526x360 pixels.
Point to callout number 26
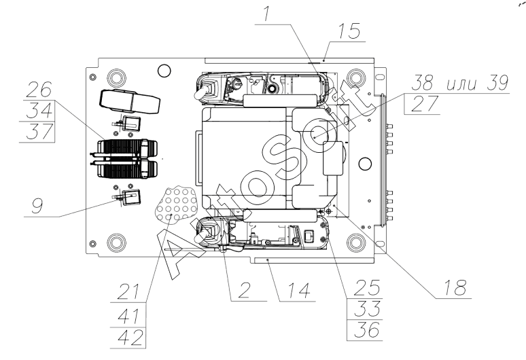tap(41, 90)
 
